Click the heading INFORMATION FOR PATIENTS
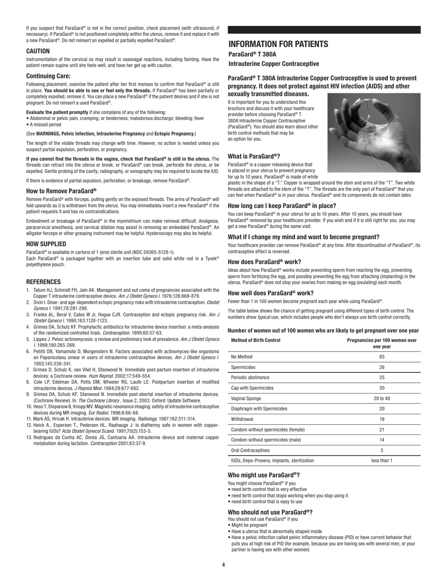[278, 44]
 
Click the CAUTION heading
[38, 51]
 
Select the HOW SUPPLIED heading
[46, 244]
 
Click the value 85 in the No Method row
[382, 357]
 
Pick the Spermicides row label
[243, 367]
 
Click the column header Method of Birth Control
[255, 340]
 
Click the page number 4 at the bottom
[223, 565]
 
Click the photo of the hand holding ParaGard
[374, 133]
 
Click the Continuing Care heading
[48, 76]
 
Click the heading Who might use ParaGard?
[263, 475]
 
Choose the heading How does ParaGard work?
[264, 262]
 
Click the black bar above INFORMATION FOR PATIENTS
[324, 30]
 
